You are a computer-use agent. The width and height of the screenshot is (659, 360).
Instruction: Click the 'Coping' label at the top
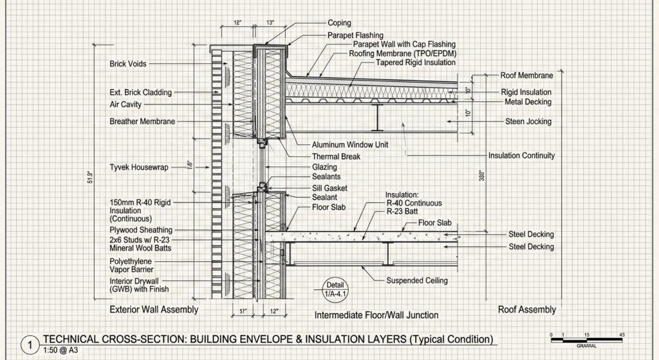[x=339, y=23]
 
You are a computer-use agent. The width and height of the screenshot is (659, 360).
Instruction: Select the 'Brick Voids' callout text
[x=128, y=64]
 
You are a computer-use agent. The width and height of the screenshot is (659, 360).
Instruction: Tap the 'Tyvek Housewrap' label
[x=139, y=167]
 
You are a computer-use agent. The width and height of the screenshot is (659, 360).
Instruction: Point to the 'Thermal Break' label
[x=336, y=156]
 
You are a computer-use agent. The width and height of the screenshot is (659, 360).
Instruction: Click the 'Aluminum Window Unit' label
[x=349, y=145]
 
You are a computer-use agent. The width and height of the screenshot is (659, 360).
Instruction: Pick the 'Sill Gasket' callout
[x=329, y=188]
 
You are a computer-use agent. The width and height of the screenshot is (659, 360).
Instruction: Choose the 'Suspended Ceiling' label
[x=417, y=281]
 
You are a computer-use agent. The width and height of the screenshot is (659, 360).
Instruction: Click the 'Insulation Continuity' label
[x=521, y=156]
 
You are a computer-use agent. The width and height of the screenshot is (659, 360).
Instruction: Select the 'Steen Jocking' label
[x=528, y=122]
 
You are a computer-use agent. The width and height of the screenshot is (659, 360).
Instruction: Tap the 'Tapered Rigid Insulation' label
[x=415, y=62]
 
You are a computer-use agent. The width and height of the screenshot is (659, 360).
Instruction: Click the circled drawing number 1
[x=30, y=345]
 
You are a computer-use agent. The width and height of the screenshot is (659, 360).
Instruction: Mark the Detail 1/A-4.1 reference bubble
[x=335, y=290]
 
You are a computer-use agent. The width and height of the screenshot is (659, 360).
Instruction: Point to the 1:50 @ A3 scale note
[x=60, y=350]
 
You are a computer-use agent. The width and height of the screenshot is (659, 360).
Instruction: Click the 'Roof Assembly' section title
[x=526, y=310]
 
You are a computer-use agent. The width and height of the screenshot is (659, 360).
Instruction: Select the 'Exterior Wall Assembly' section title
[x=154, y=310]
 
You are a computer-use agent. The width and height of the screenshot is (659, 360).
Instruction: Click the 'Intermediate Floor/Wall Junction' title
[x=376, y=315]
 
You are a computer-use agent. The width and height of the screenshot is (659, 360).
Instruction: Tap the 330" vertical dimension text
[x=482, y=176]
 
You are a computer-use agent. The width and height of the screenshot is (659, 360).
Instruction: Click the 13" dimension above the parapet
[x=270, y=23]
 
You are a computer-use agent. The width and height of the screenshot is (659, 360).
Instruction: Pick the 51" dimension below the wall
[x=243, y=312]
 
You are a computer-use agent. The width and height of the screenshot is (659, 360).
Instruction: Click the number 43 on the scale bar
[x=622, y=335]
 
